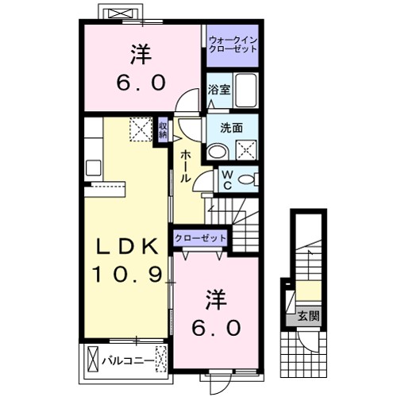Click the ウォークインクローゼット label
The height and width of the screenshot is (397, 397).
tap(233, 44)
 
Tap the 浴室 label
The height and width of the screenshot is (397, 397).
tap(219, 91)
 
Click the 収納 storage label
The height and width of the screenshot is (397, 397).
tap(162, 129)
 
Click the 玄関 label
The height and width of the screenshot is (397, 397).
tap(309, 314)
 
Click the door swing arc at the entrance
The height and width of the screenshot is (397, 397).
tap(303, 344)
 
